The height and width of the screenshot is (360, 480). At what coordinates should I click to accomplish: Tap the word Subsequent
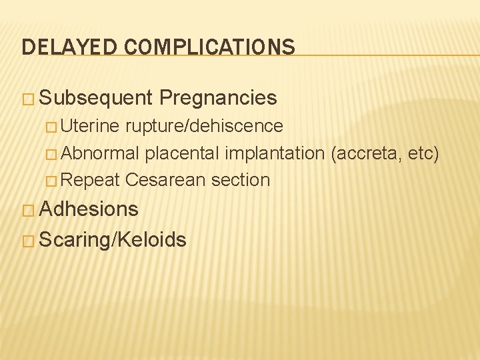(x=97, y=99)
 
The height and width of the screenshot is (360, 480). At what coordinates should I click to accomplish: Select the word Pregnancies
(x=218, y=98)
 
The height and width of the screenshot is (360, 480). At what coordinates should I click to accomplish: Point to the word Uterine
(x=92, y=126)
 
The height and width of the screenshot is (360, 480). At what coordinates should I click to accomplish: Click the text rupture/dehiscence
(x=203, y=126)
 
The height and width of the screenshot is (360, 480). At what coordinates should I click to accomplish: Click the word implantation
(x=275, y=153)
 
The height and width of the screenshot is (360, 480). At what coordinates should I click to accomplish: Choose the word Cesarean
(x=165, y=180)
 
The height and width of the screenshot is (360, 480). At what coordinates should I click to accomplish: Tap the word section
(x=241, y=180)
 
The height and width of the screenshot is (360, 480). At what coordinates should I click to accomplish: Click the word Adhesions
(x=89, y=209)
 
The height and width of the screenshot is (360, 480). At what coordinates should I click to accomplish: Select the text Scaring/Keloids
(x=113, y=239)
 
